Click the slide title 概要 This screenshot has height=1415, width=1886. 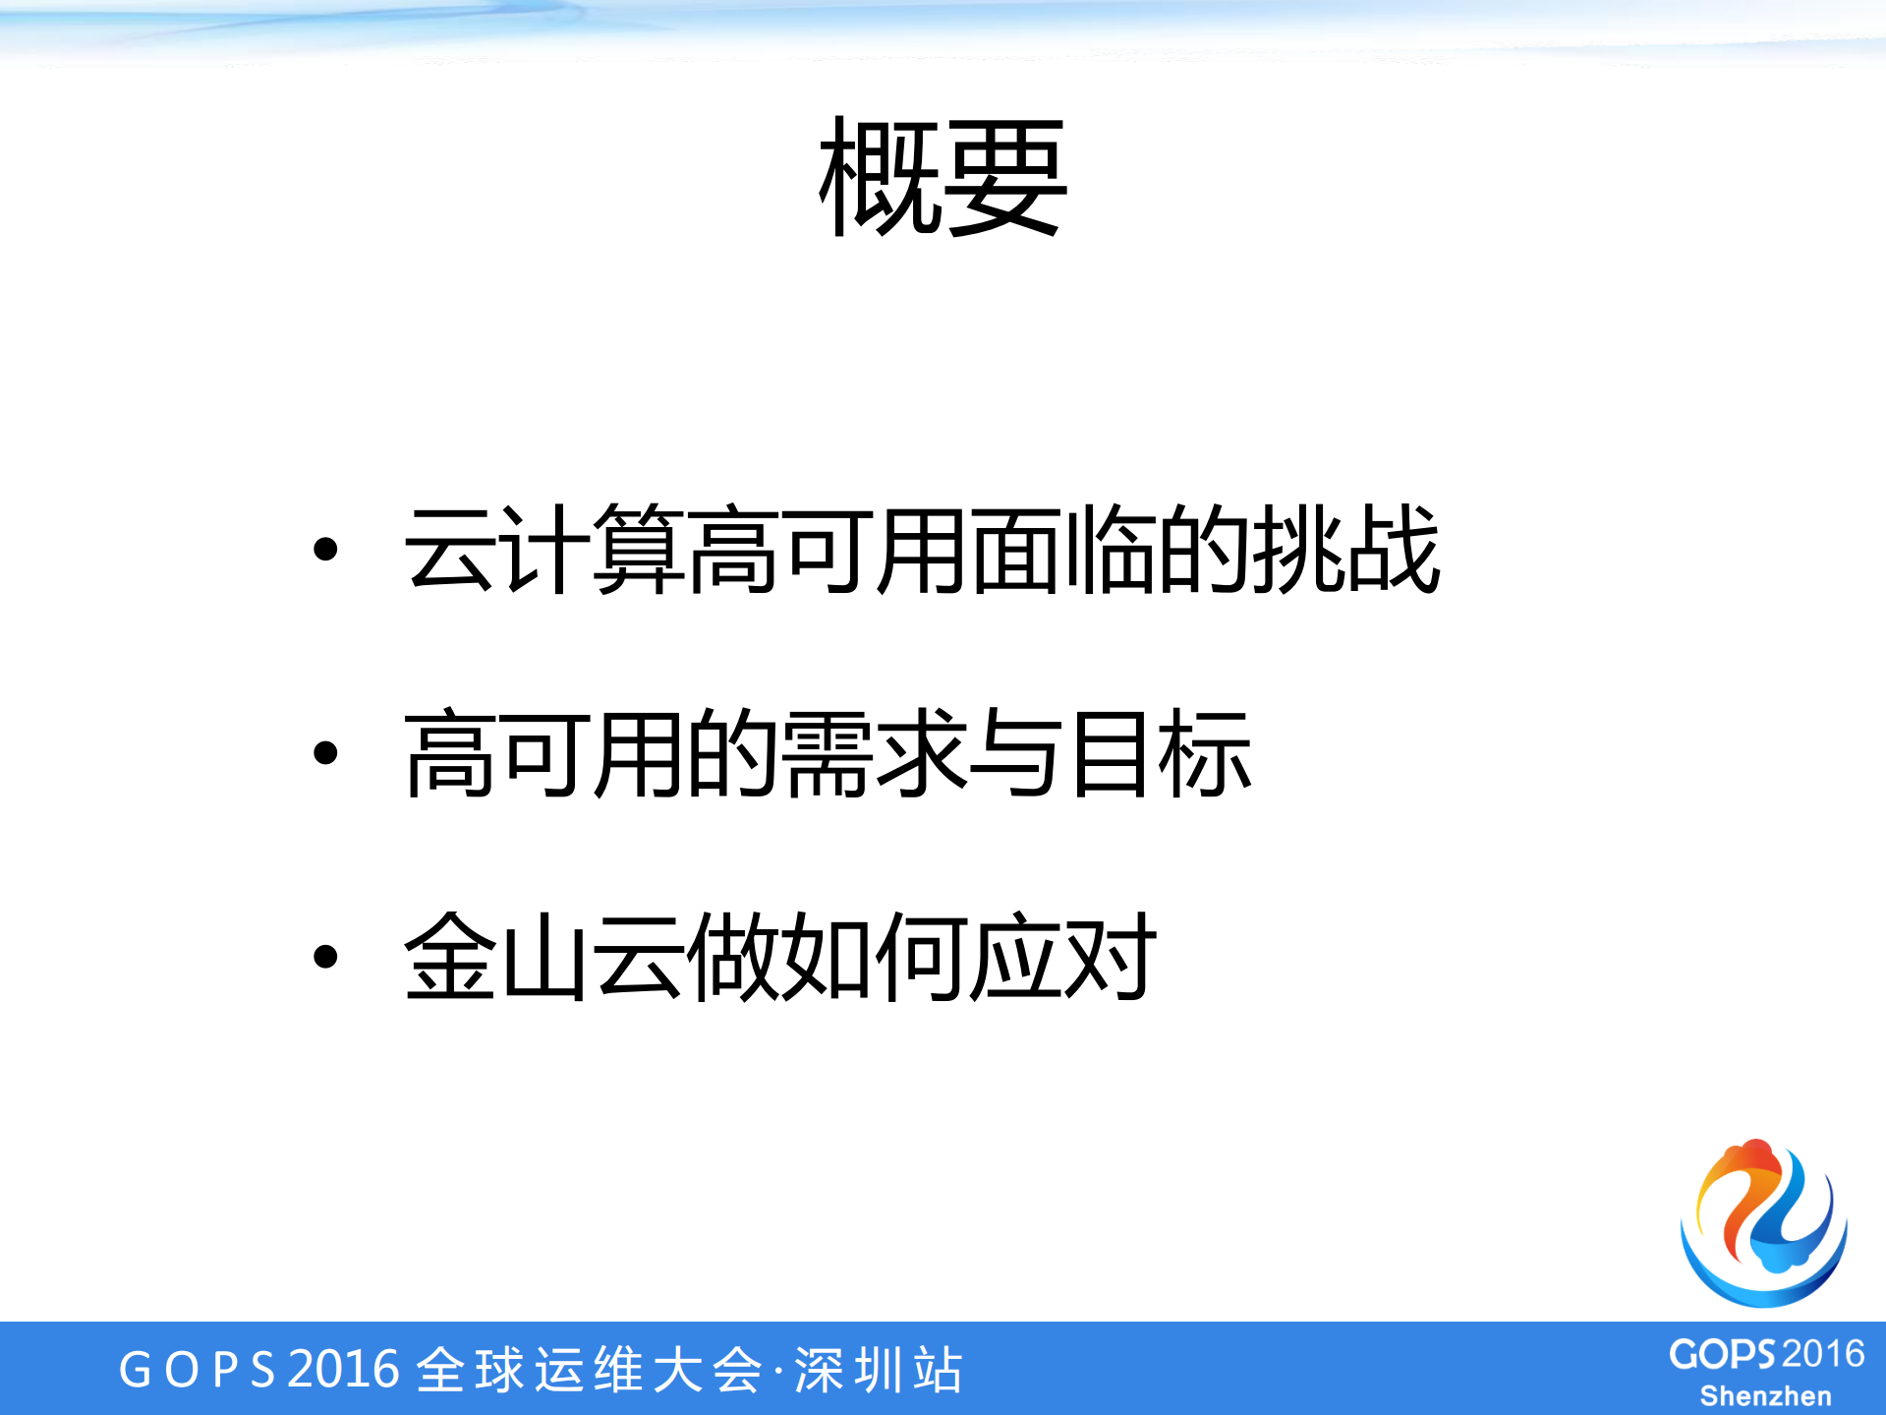(943, 177)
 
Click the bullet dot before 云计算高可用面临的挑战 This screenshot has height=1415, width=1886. (325, 550)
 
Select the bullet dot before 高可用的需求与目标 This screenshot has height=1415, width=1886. (325, 753)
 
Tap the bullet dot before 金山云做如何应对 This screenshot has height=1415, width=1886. (325, 956)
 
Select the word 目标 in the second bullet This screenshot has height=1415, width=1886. (1160, 753)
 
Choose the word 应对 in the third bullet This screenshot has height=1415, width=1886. (1063, 956)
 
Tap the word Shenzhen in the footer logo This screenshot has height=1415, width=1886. (1765, 1396)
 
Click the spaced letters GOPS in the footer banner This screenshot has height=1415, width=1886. (197, 1370)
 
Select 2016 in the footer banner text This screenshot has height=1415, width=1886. (344, 1370)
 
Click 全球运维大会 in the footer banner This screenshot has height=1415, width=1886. (590, 1370)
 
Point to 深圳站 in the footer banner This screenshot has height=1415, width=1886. (879, 1370)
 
